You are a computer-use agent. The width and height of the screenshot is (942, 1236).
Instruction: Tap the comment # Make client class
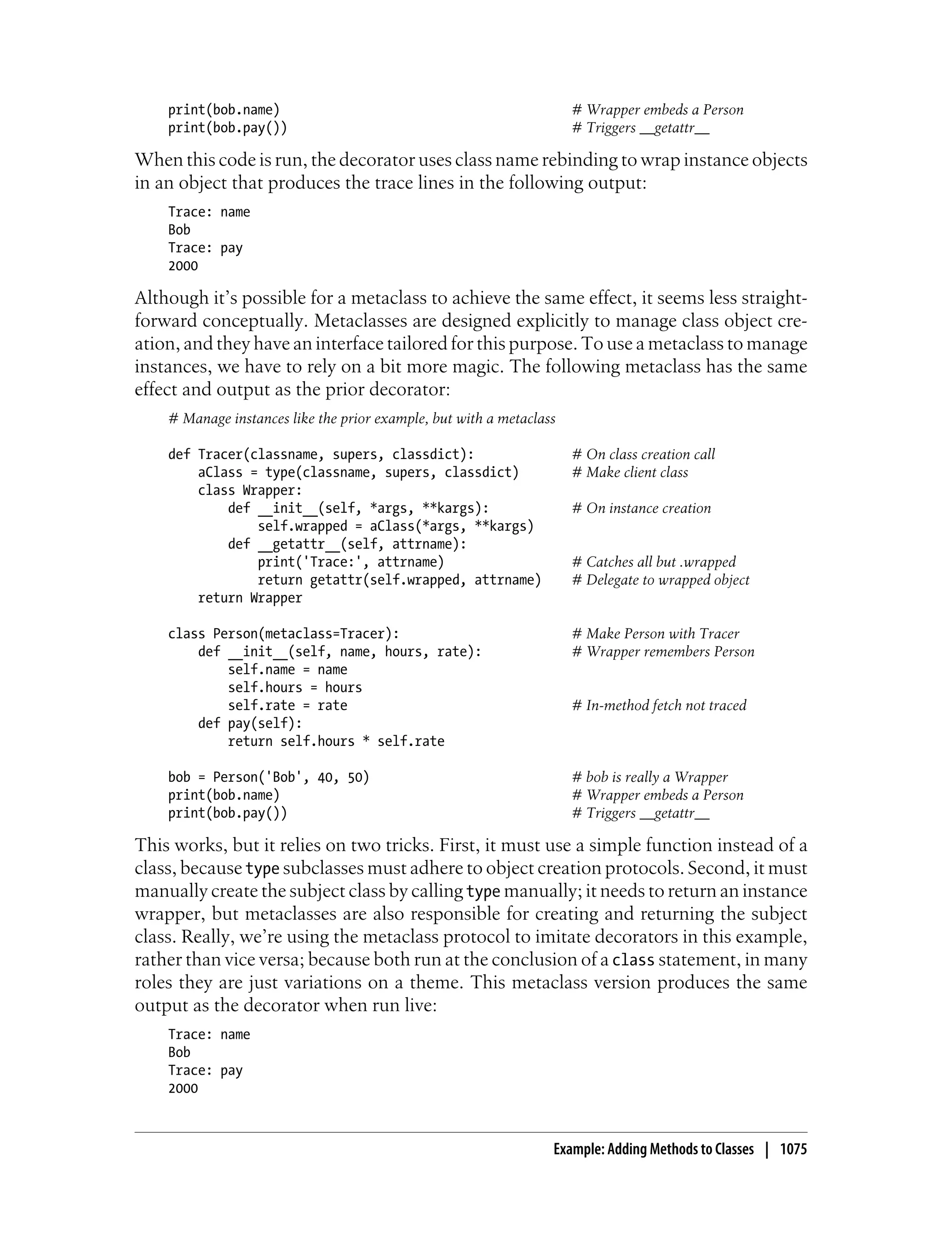(630, 473)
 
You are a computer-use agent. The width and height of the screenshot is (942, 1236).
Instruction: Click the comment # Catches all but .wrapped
(653, 561)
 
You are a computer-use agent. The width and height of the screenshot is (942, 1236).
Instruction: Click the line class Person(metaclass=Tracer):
(283, 634)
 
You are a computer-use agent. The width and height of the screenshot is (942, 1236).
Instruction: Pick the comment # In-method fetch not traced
(659, 705)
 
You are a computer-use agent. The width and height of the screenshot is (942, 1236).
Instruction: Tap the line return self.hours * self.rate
(335, 742)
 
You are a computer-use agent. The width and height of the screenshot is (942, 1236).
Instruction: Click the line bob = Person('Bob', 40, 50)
(269, 778)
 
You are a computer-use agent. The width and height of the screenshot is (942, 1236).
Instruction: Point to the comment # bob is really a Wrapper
(649, 778)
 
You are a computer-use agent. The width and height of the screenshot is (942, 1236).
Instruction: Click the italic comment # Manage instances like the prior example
(362, 419)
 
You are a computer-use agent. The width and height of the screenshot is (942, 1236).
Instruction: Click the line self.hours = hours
(294, 688)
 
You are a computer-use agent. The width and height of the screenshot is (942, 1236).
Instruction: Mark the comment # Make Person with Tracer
(655, 634)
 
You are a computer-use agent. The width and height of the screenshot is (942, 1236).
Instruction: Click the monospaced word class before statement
(633, 960)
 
